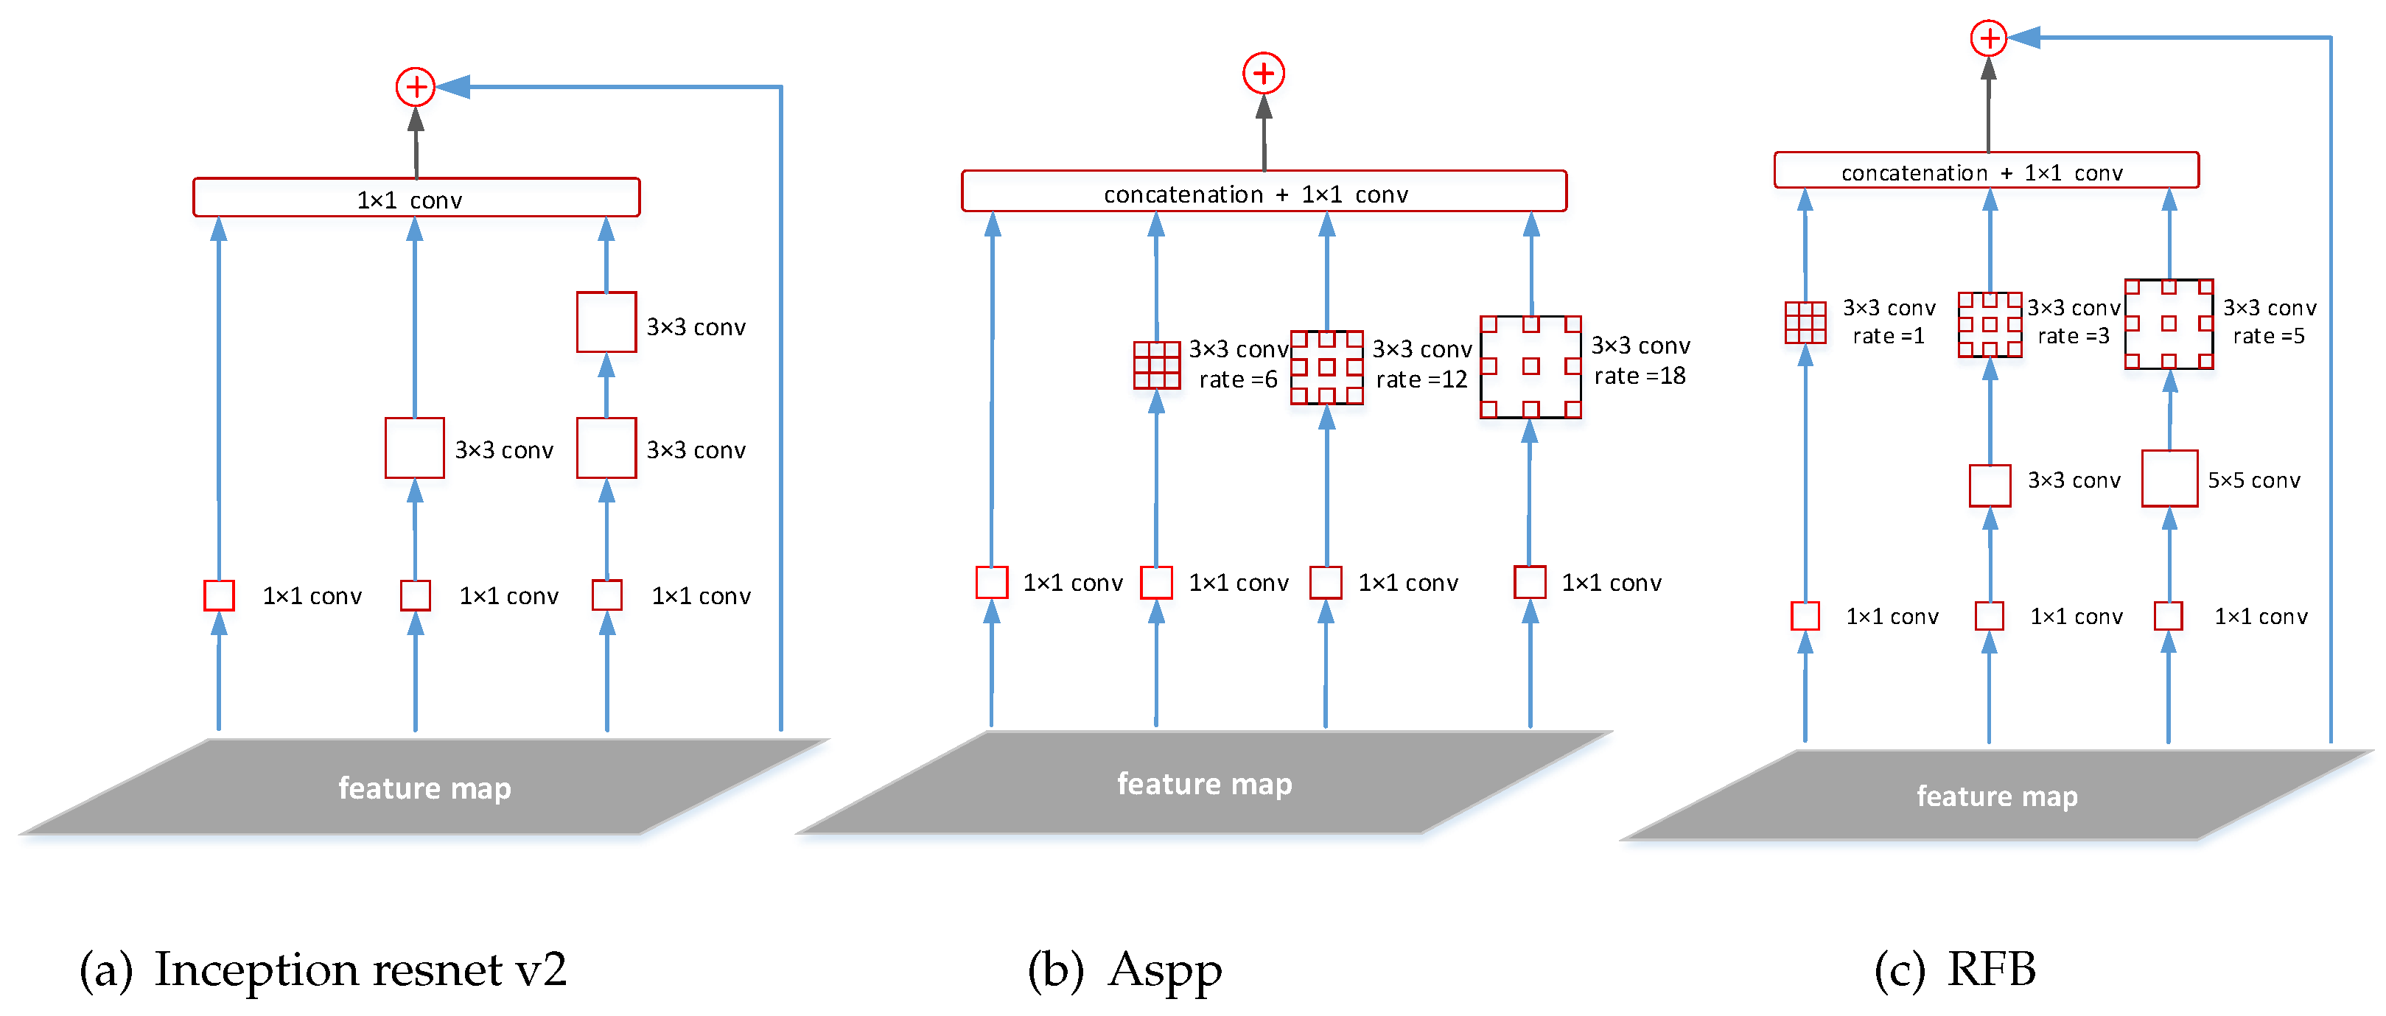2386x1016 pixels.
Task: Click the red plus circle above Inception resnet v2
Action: (x=416, y=87)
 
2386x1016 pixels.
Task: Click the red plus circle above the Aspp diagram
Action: (x=1264, y=73)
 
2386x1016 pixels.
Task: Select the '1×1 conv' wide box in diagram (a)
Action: (x=416, y=198)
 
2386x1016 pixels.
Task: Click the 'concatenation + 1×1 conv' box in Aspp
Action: (x=1264, y=192)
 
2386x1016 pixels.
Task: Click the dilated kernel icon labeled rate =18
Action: (x=1530, y=367)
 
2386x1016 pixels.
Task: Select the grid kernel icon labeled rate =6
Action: (x=1157, y=365)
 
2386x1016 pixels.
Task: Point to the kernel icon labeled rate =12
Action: (x=1326, y=368)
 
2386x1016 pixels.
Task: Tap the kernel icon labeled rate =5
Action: (x=2169, y=324)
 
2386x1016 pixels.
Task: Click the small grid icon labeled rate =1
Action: (x=1805, y=322)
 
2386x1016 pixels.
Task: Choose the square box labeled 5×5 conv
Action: (x=2169, y=479)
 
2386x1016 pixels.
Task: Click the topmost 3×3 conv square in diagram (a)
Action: (x=606, y=322)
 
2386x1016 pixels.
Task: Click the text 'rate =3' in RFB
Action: (x=2073, y=336)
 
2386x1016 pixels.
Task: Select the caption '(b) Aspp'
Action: (x=1124, y=970)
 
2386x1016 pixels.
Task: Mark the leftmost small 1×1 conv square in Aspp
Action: (x=991, y=583)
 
